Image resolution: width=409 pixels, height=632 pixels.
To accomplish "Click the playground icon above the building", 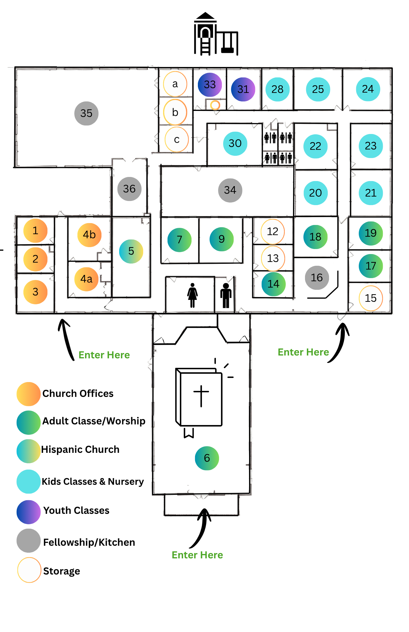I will (x=216, y=34).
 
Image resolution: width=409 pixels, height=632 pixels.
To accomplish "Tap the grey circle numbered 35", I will (x=86, y=113).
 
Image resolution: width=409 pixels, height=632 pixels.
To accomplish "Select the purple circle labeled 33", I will (x=210, y=84).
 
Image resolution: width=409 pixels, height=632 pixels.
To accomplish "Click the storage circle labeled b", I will (x=175, y=112).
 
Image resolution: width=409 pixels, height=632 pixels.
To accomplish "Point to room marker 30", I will (x=235, y=143).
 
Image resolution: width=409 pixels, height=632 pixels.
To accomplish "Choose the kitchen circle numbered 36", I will (x=129, y=189).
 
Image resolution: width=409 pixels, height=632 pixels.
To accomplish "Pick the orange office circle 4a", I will (x=86, y=279).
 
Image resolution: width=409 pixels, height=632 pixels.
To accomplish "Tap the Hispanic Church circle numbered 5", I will (x=131, y=251).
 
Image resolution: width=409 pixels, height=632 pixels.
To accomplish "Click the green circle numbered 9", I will (x=222, y=239).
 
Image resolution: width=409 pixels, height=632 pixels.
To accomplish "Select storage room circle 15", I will (x=371, y=298).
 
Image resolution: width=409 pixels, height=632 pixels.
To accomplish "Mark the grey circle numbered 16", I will (x=317, y=278).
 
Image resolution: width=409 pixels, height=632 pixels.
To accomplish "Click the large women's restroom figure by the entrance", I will (x=192, y=295).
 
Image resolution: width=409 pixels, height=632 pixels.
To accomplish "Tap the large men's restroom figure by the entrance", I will (x=226, y=295).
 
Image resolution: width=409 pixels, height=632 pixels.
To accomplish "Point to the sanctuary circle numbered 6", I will (x=207, y=458).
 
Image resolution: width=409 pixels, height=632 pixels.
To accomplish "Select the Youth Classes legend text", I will (x=76, y=510).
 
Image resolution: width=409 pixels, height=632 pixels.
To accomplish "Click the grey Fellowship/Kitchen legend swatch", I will (x=28, y=541).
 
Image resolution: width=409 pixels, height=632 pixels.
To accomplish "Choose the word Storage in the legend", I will (x=62, y=571).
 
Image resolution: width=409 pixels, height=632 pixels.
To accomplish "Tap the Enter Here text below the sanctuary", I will (x=197, y=555).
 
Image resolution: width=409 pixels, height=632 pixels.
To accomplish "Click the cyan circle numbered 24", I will (x=368, y=89).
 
